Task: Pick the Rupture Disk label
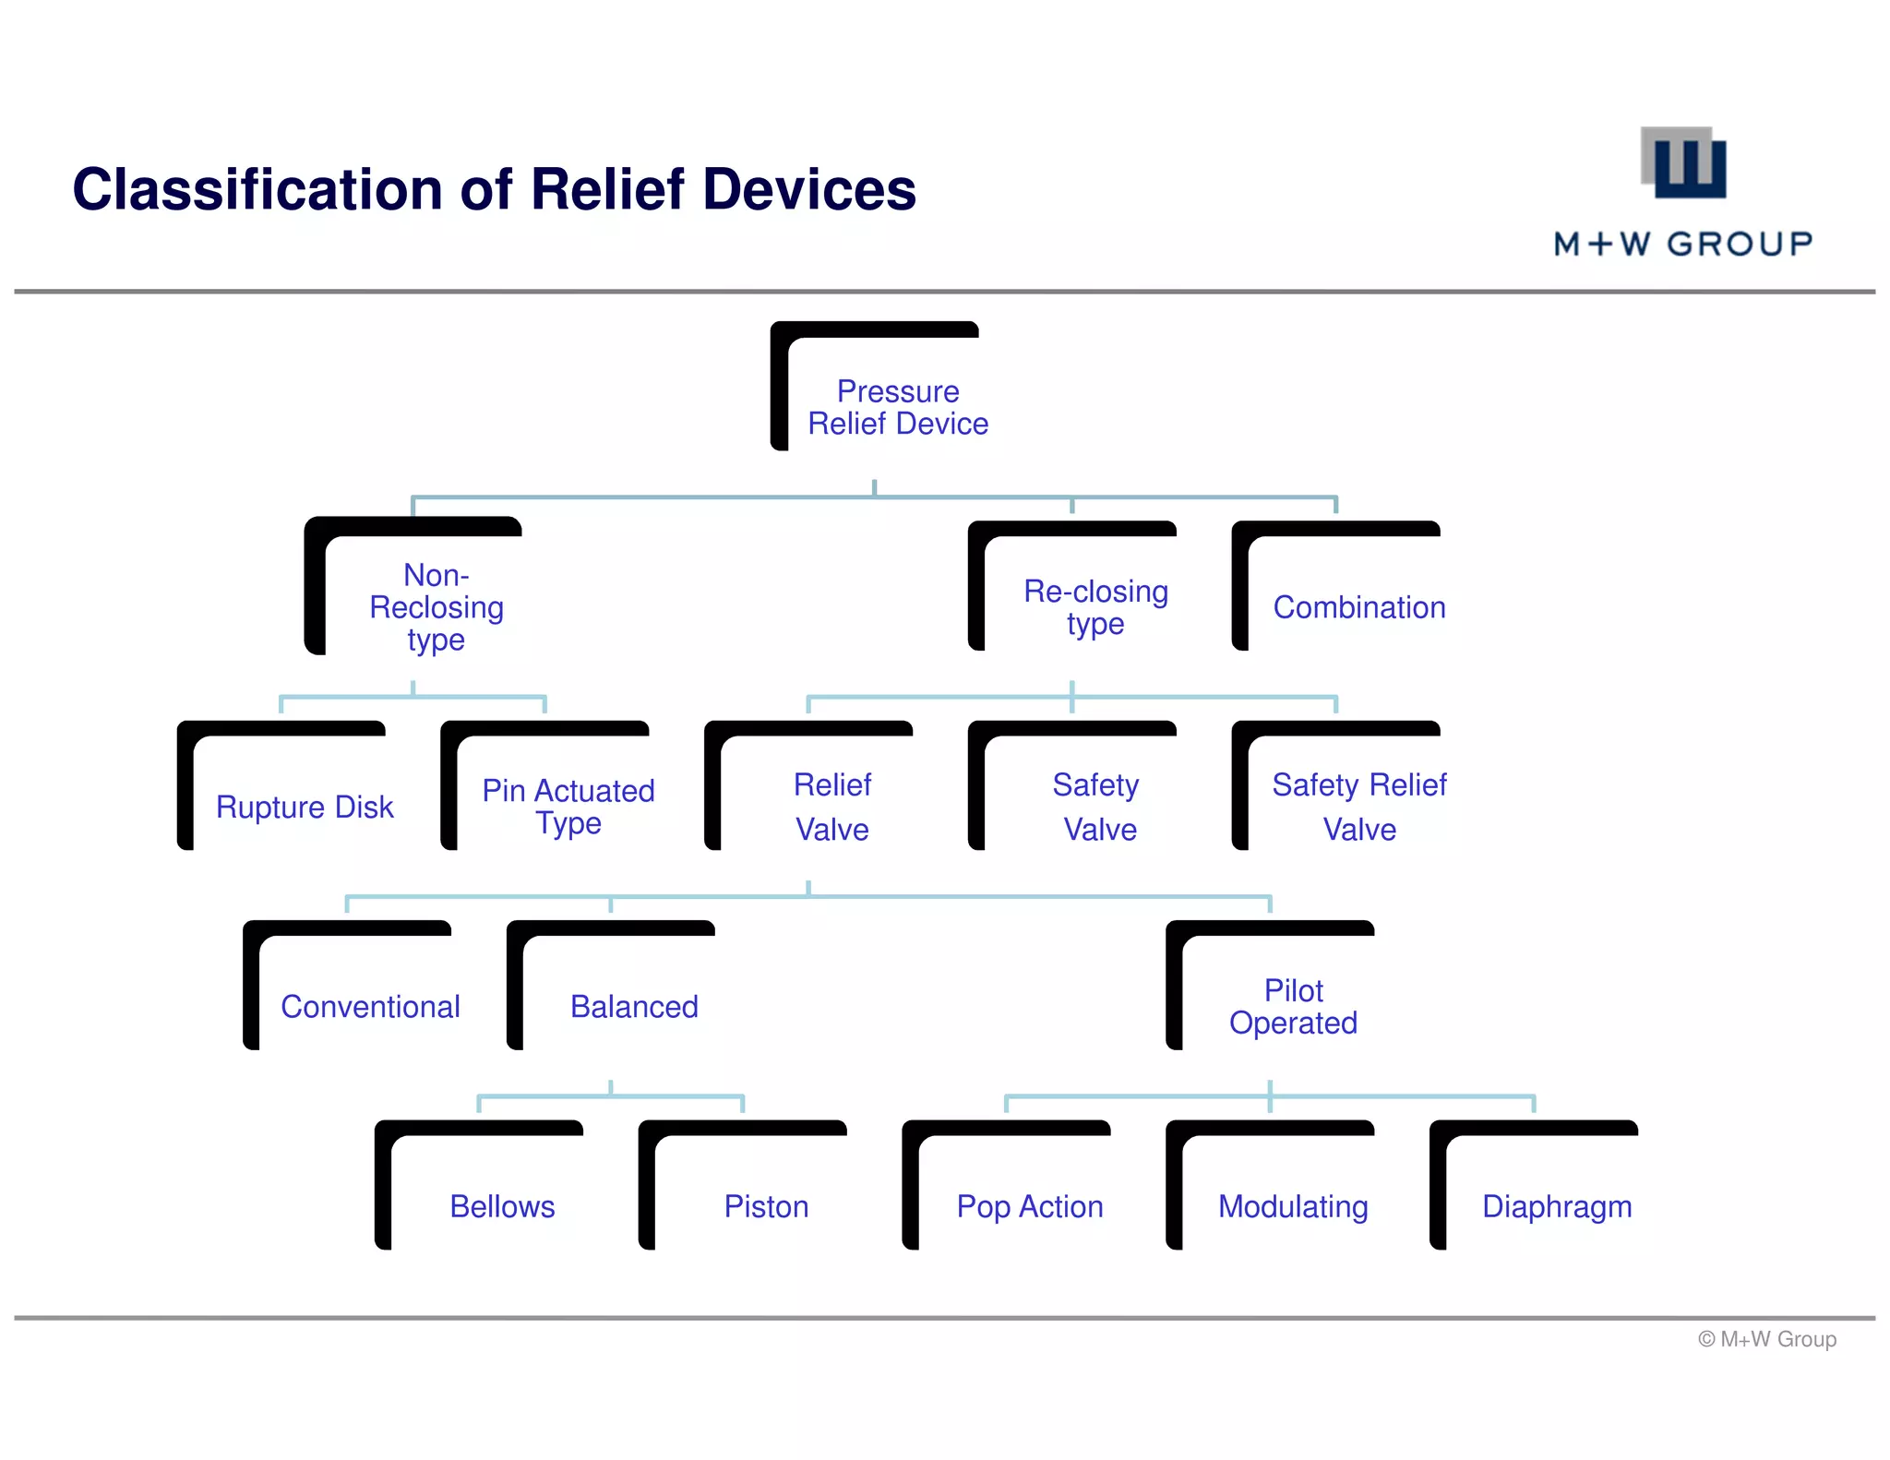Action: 305,807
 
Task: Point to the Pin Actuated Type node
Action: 568,806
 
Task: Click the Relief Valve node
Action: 831,806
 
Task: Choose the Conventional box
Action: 370,1006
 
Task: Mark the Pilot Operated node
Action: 1293,1006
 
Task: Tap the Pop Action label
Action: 1029,1205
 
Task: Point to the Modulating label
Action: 1293,1205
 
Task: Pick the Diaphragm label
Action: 1557,1205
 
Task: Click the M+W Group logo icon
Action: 1684,163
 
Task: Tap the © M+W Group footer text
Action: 1766,1338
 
